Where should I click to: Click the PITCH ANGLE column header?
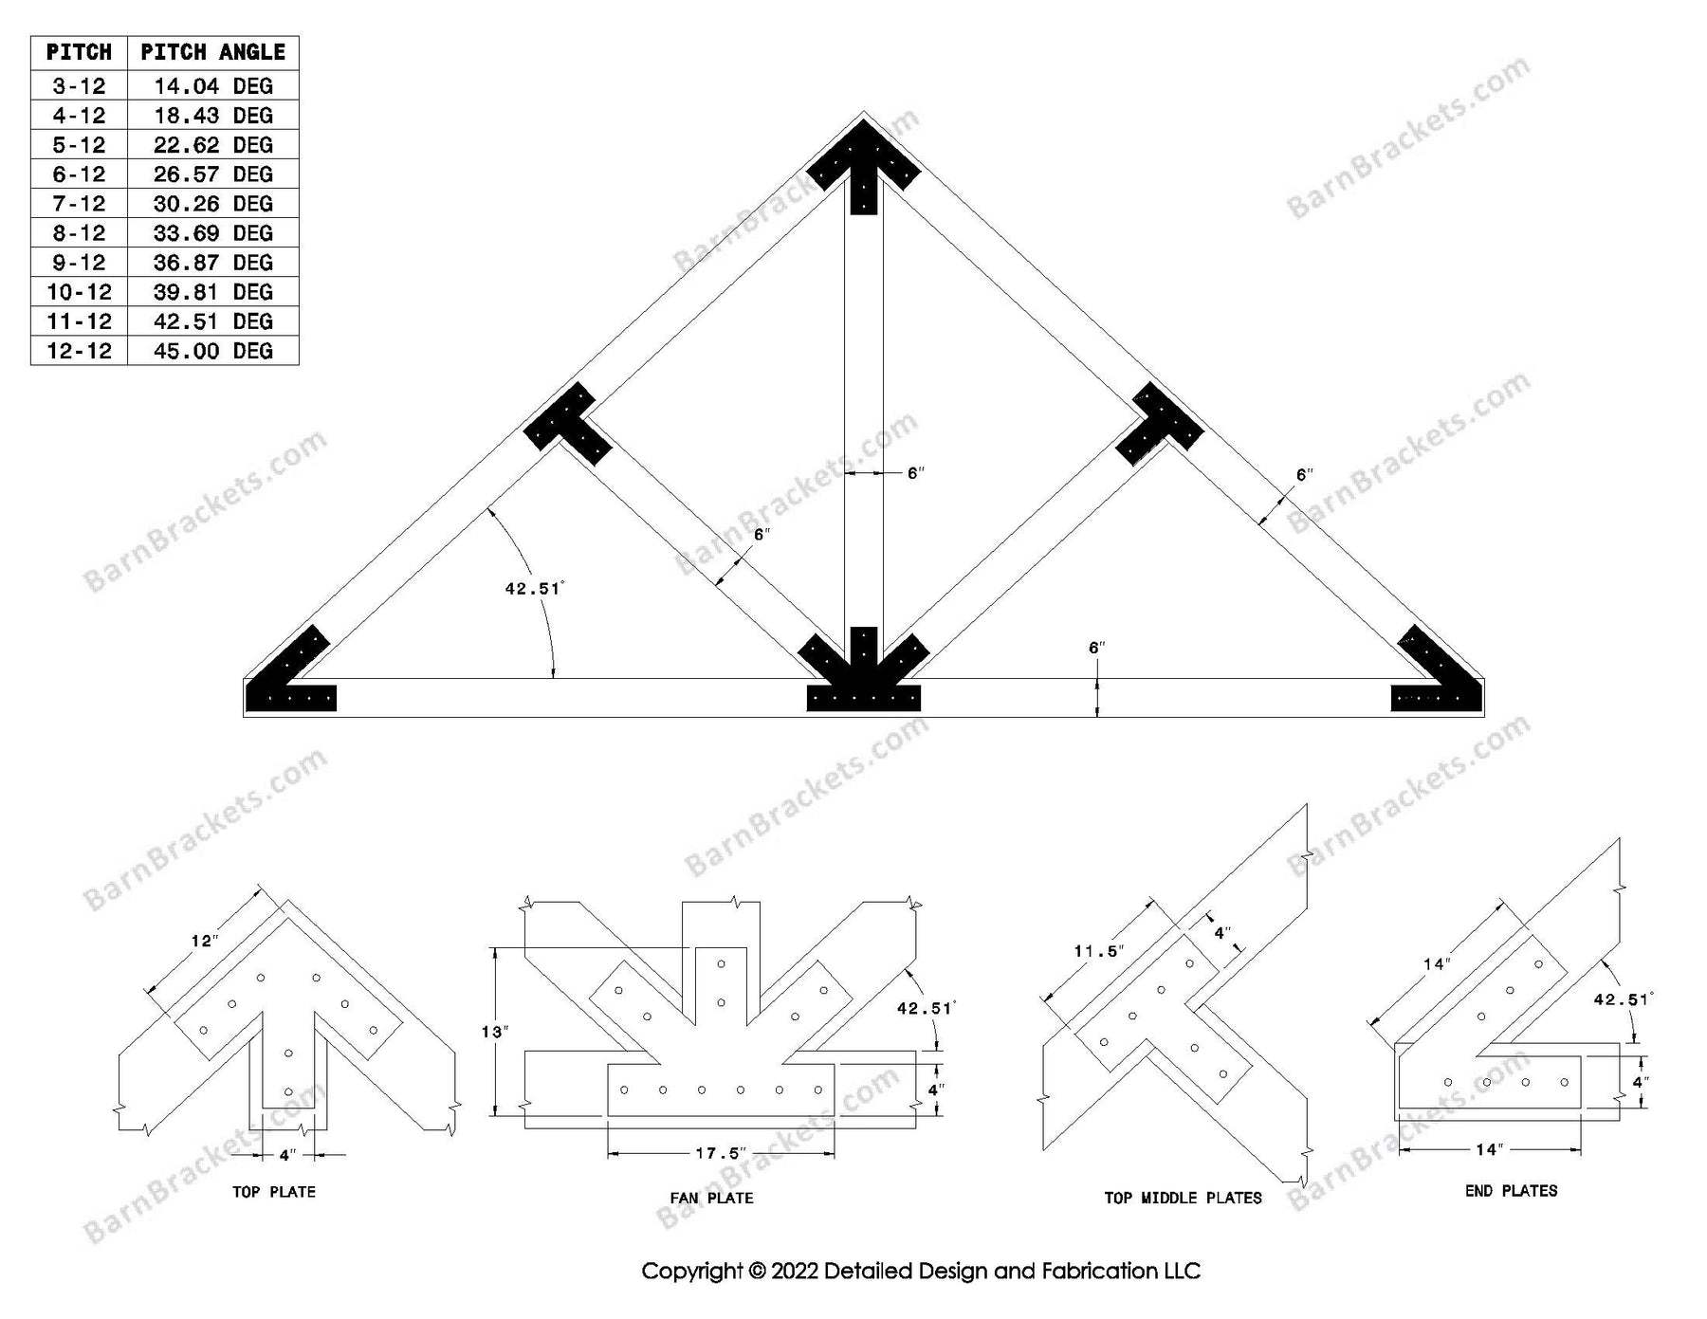(x=212, y=52)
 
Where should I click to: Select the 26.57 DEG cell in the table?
(x=212, y=174)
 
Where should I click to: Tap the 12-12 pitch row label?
(x=79, y=351)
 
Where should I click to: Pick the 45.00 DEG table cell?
(x=212, y=351)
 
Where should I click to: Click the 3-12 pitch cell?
(x=79, y=86)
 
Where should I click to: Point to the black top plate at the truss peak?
(x=863, y=171)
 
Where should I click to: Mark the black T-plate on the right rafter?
(x=1159, y=425)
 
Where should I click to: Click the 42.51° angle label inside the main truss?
(x=534, y=589)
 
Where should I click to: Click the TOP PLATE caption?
(x=274, y=1192)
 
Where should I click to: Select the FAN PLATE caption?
(x=711, y=1198)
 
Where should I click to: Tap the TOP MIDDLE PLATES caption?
(x=1183, y=1198)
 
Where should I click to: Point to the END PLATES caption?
(x=1511, y=1191)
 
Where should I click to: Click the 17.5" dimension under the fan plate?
(x=721, y=1154)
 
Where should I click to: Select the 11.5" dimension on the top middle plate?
(x=1098, y=951)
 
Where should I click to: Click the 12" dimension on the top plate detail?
(x=204, y=941)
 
